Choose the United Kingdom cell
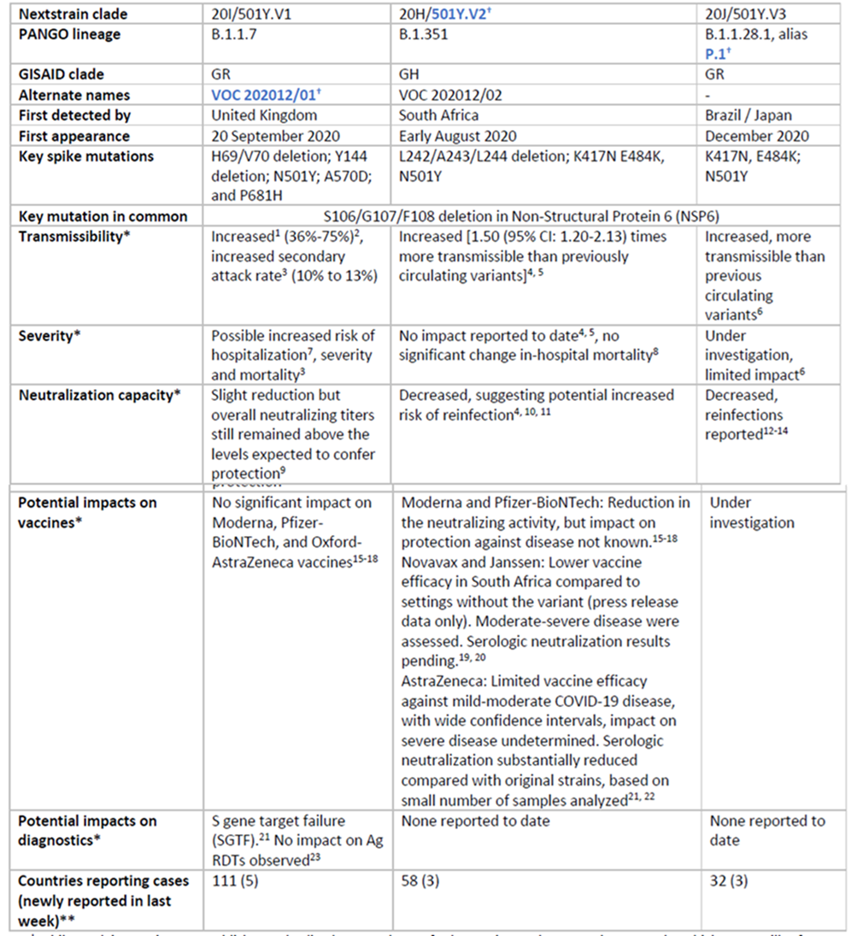264,115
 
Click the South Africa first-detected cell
438,115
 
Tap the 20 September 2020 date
275,136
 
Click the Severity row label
50,336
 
